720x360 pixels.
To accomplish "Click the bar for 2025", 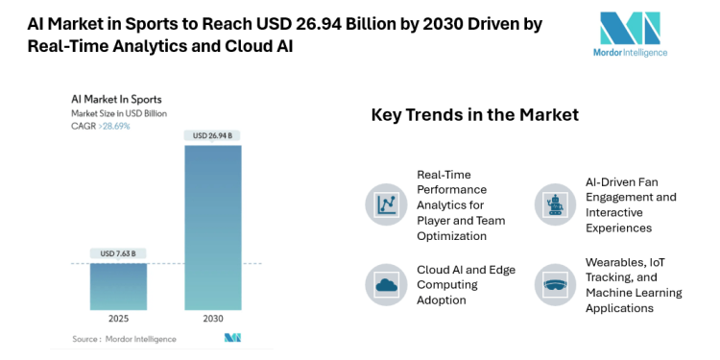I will point(118,286).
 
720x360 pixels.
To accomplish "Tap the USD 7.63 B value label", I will point(118,253).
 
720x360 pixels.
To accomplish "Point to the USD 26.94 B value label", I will point(212,134).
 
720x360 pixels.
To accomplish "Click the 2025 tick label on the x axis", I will point(118,319).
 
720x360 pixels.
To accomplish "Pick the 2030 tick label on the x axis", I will point(212,319).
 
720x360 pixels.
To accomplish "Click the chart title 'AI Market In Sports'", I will point(116,99).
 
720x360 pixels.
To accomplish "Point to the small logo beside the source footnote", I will point(231,338).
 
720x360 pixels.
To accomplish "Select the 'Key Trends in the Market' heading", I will point(474,115).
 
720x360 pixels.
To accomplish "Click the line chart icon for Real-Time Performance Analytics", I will point(386,204).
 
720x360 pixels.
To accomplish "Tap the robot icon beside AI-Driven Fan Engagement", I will point(554,204).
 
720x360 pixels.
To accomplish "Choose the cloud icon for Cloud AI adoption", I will point(386,283).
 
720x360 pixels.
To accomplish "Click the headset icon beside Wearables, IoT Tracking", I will point(554,283).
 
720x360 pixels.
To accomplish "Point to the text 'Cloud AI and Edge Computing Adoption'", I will point(465,284).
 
